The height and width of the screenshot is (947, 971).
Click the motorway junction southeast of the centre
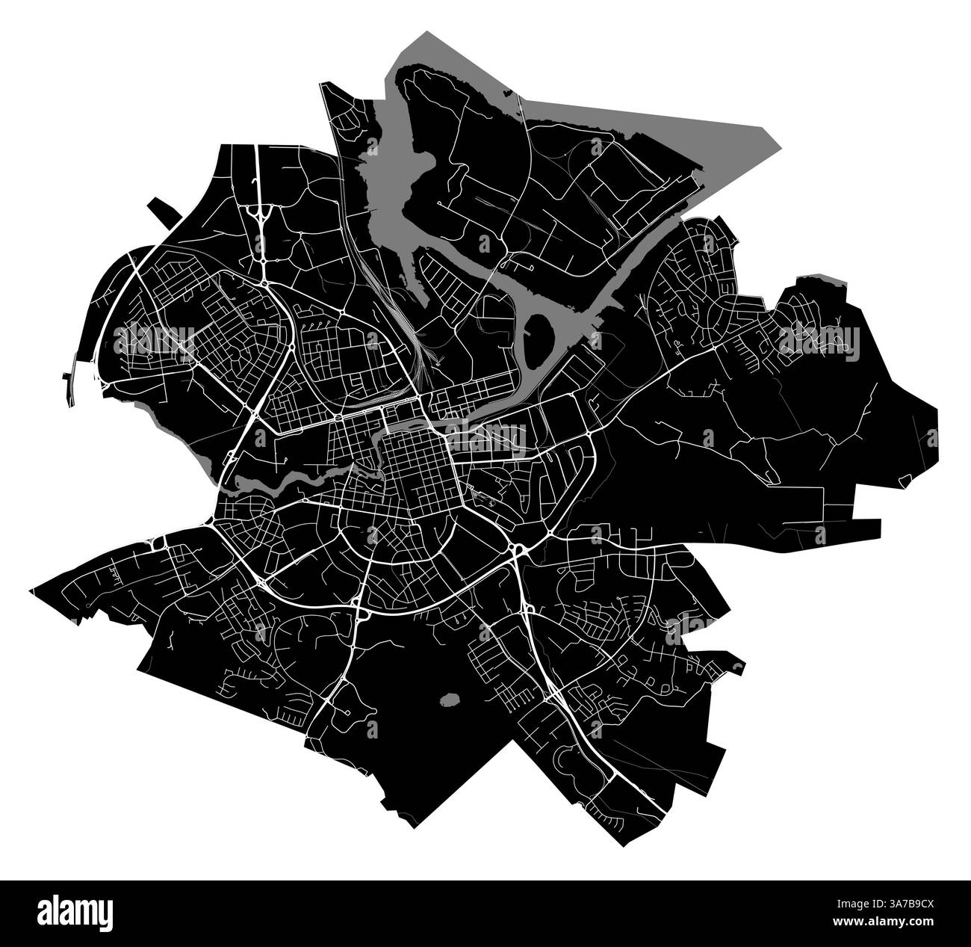pos(516,551)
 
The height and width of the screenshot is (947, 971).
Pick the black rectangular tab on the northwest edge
pos(166,212)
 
